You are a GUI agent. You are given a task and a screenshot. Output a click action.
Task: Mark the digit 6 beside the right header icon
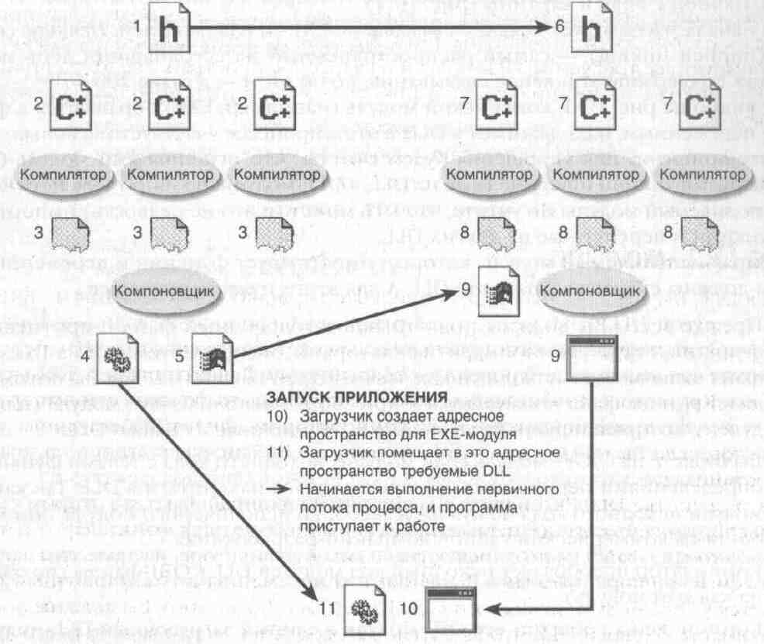pos(559,26)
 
